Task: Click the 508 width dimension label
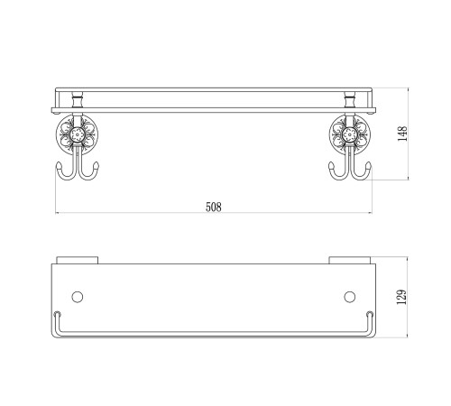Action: tap(214, 207)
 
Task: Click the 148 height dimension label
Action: tap(402, 134)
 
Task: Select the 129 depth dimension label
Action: tap(401, 297)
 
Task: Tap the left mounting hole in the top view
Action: tap(78, 297)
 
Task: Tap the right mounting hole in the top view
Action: tap(349, 297)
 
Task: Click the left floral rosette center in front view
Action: tap(78, 134)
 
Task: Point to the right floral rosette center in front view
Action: tap(350, 134)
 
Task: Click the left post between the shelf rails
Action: tap(78, 100)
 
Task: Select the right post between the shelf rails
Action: tap(350, 100)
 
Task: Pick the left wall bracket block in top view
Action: tap(78, 260)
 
